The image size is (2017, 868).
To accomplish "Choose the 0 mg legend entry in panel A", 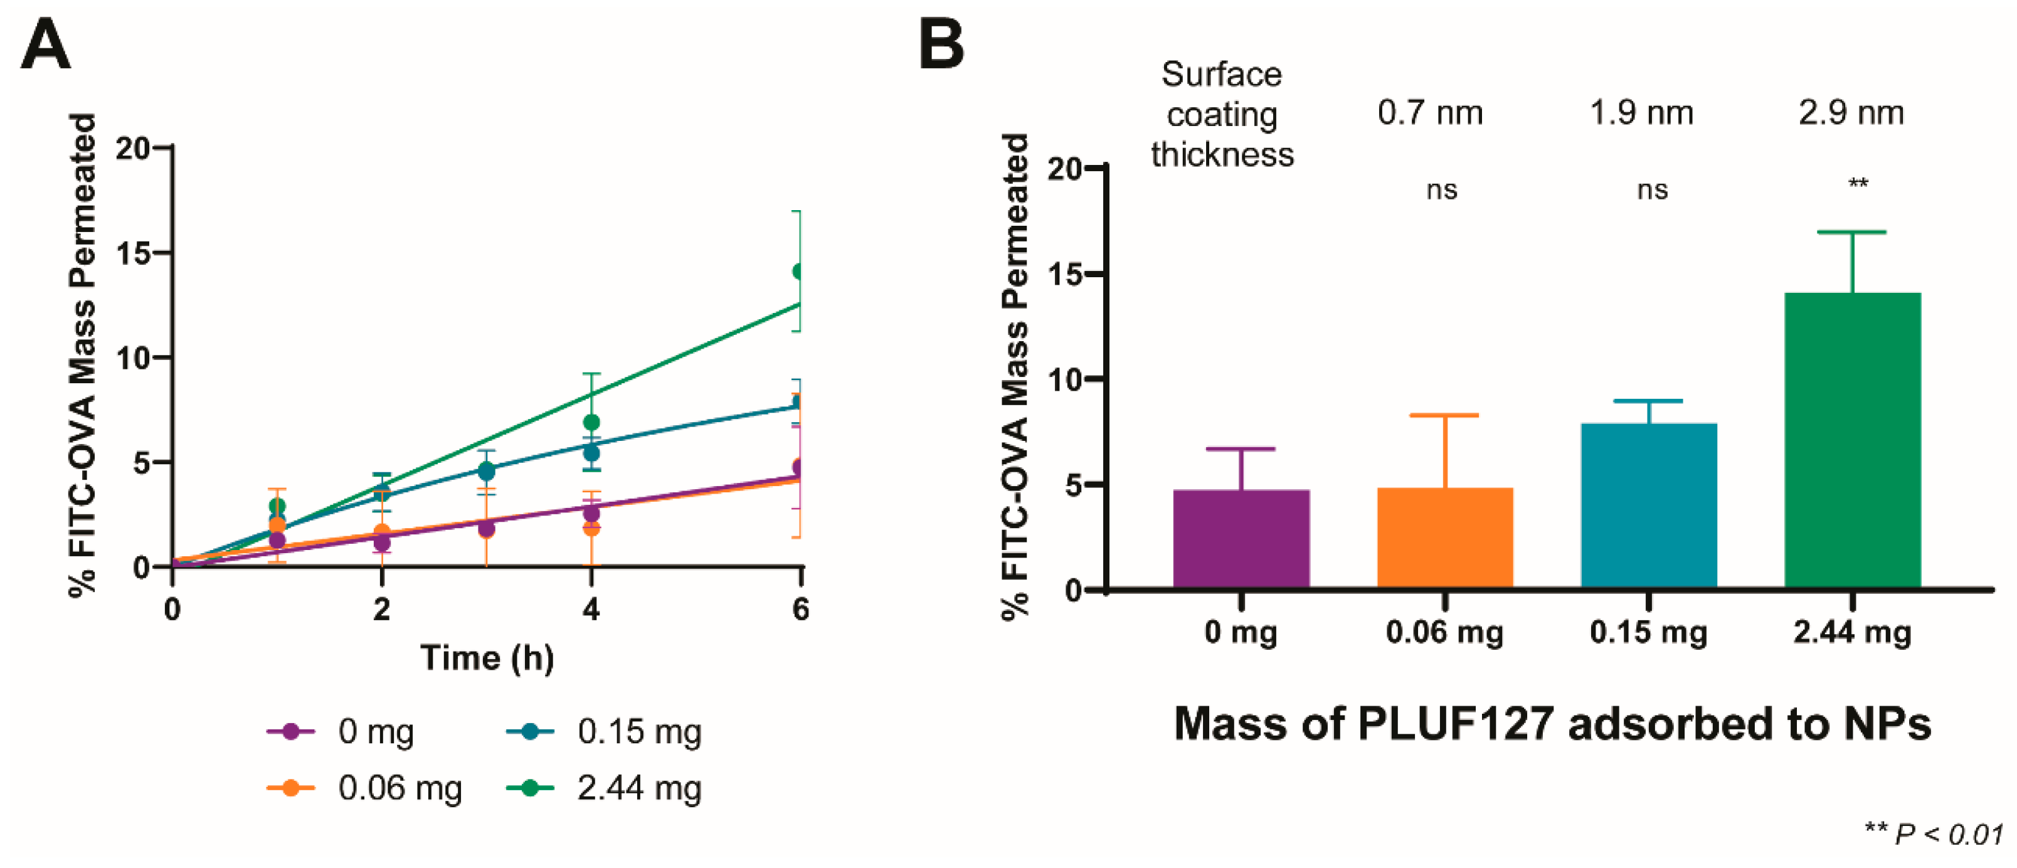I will [341, 731].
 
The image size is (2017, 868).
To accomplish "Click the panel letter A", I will [45, 45].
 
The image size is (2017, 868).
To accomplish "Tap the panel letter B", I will [941, 45].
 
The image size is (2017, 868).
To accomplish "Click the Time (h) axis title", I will [487, 657].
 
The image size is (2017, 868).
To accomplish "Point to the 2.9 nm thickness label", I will [1851, 114].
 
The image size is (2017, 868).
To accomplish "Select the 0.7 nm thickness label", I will [1430, 114].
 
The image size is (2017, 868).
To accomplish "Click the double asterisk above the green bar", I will [1858, 185].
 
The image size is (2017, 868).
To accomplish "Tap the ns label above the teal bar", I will [1652, 190].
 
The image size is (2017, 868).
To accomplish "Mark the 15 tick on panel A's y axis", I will [133, 253].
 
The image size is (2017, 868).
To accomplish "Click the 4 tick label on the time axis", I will [591, 609].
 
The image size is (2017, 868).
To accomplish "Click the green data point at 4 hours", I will [591, 423].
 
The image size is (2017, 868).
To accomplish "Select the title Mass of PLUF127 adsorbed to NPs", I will [1552, 723].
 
